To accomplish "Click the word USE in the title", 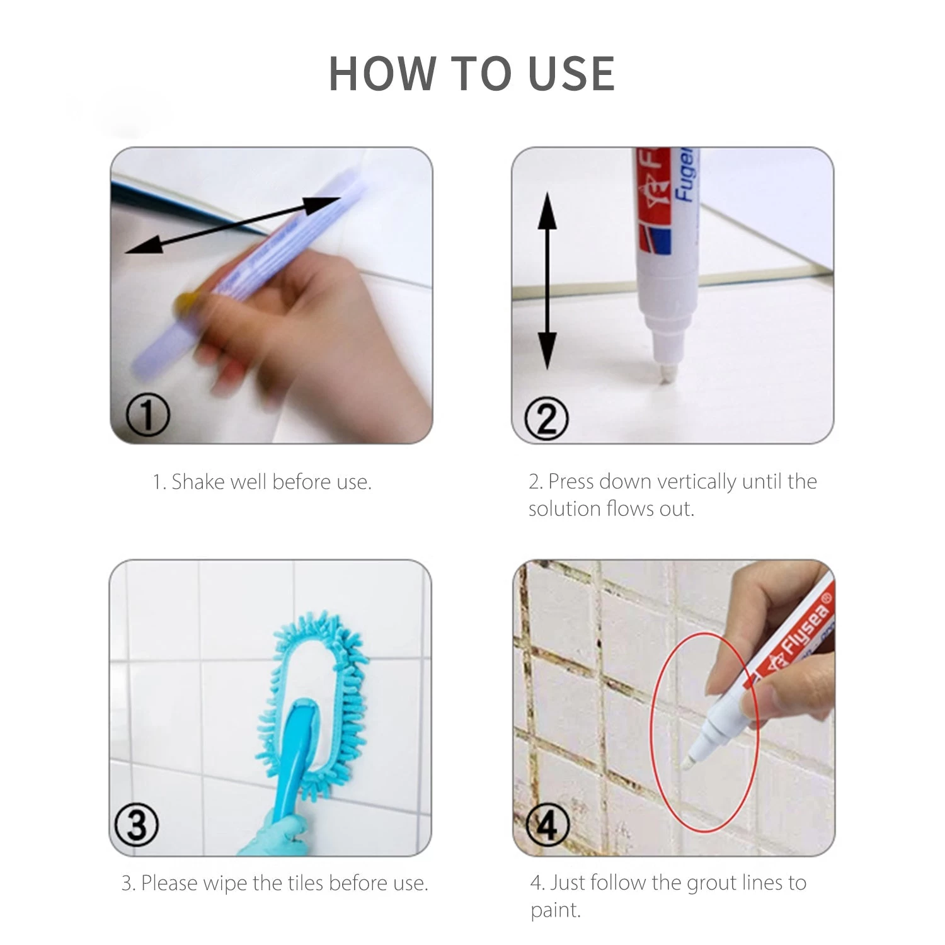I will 571,74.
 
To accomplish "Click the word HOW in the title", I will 382,74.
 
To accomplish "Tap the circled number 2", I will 546,418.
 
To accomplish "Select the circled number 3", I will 137,824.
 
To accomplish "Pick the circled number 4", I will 547,824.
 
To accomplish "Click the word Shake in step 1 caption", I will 198,482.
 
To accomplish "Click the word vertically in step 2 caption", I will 696,482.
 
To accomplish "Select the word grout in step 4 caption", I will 711,883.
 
